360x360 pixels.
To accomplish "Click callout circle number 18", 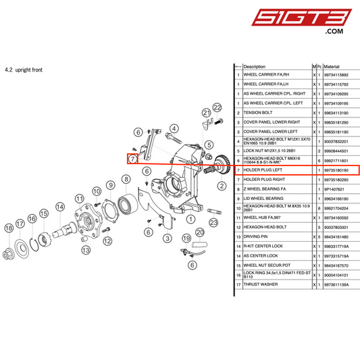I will click(9, 230).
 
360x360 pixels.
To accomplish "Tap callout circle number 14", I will click(59, 207).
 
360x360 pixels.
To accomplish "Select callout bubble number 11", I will click(79, 199).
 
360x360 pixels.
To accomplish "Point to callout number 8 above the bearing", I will click(126, 179).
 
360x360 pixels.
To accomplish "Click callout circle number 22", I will click(217, 107).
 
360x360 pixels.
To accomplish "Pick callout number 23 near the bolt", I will click(213, 222).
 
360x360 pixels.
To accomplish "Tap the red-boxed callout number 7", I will click(133, 159).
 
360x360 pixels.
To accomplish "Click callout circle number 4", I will click(174, 128).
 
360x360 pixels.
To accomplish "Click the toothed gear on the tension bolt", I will click(220, 163).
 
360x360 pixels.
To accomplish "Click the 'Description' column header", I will click(255, 67).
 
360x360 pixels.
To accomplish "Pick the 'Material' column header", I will click(332, 67).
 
